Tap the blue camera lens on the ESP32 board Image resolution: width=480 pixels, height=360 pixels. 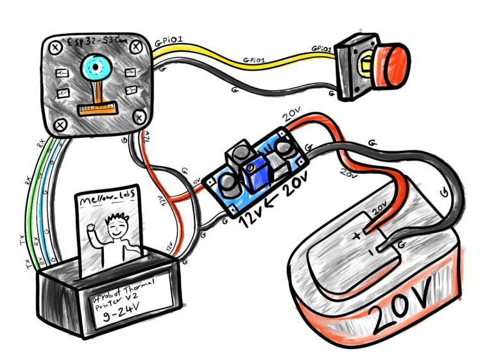(x=96, y=67)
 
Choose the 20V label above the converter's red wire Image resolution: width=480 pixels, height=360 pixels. (x=291, y=116)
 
